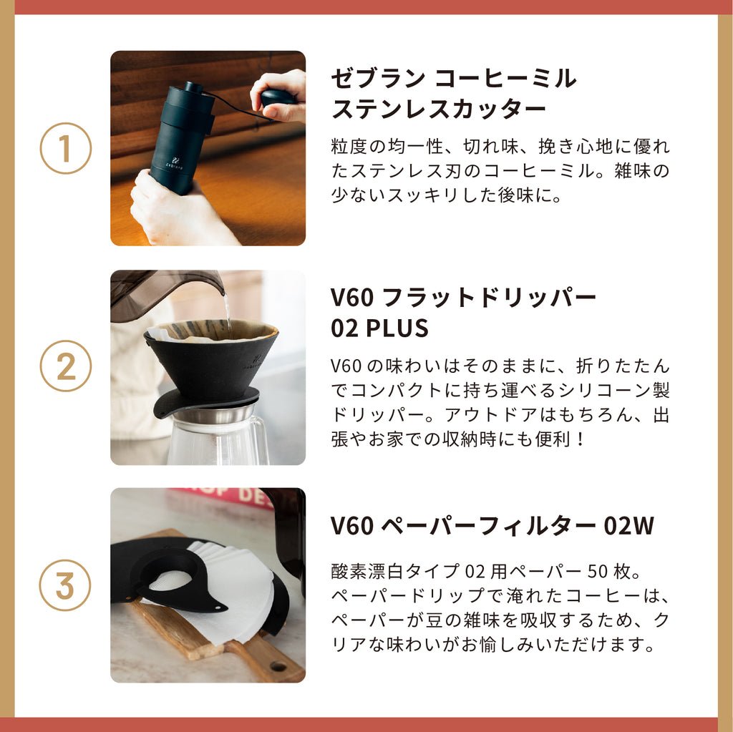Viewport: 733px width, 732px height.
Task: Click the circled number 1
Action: (65, 148)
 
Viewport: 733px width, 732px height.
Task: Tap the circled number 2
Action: (65, 366)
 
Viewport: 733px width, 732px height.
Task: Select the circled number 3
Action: (65, 585)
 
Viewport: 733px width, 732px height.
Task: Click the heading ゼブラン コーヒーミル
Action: (453, 79)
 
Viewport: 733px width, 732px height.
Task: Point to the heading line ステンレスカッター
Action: (439, 109)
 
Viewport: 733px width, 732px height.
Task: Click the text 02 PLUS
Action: (379, 328)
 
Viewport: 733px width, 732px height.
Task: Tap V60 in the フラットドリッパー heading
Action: (352, 297)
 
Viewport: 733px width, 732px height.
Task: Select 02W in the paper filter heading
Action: (628, 525)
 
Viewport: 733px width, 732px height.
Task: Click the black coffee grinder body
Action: (179, 140)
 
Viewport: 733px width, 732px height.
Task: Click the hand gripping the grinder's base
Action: (173, 205)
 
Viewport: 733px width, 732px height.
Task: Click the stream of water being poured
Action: (227, 308)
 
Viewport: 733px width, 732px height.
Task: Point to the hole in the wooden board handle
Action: (278, 665)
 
